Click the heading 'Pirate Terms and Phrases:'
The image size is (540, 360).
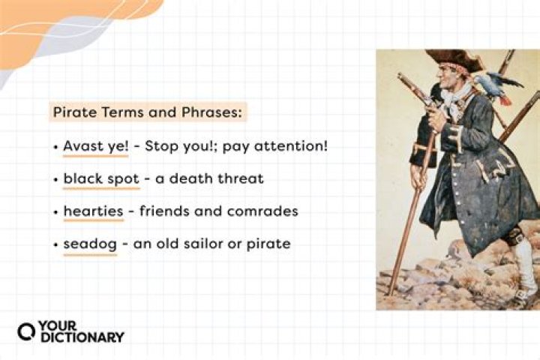click(x=147, y=113)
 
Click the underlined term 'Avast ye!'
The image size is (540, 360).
click(x=96, y=145)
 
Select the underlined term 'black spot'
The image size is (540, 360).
click(x=97, y=178)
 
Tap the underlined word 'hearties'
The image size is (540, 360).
click(x=93, y=211)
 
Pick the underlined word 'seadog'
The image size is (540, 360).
click(x=90, y=244)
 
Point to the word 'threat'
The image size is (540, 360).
click(x=242, y=178)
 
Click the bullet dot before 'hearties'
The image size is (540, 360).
click(x=56, y=212)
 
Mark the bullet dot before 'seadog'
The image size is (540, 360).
click(x=56, y=244)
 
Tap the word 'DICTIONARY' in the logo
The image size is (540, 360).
click(x=82, y=337)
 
